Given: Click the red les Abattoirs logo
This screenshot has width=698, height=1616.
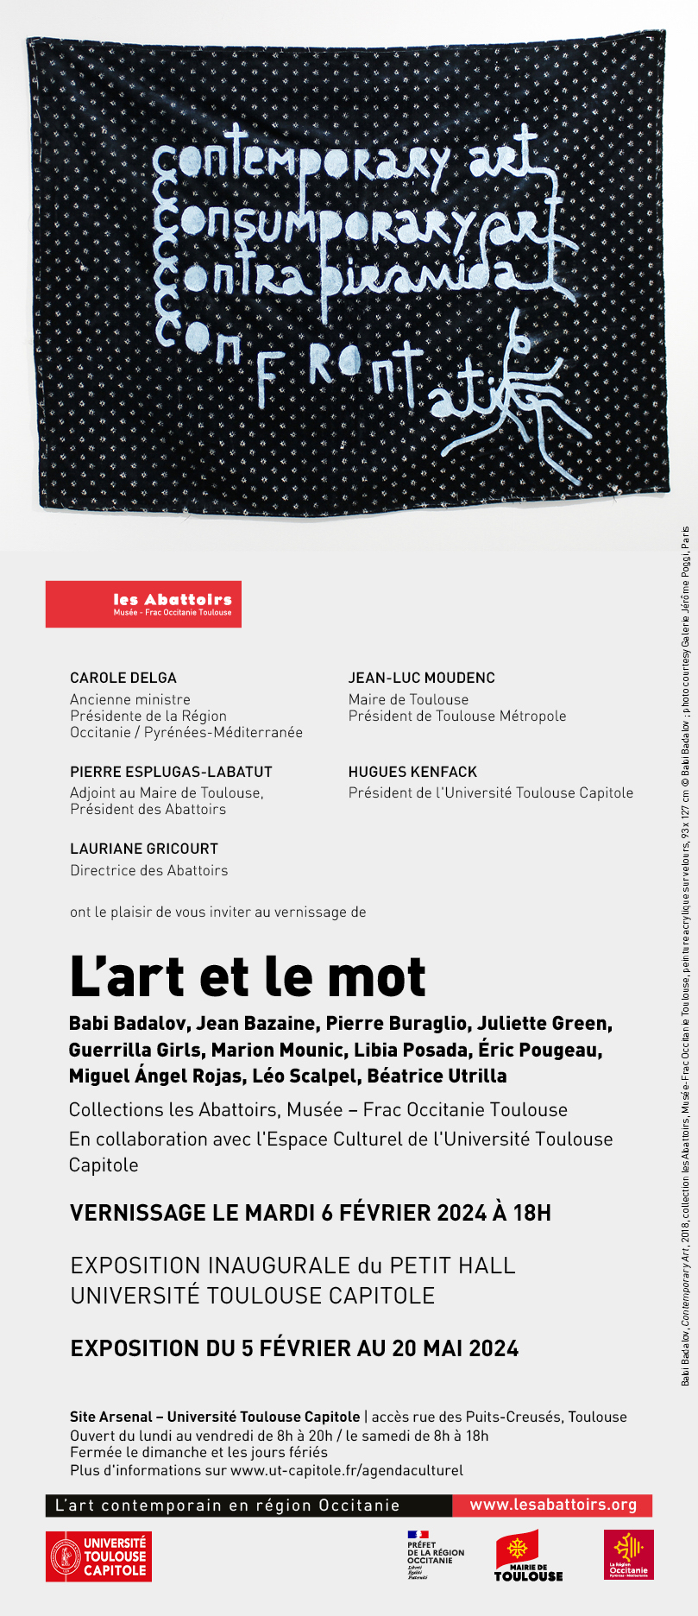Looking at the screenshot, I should coord(143,603).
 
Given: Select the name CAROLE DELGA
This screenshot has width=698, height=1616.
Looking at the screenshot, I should coord(123,678).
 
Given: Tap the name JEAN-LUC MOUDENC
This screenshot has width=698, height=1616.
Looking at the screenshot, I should coord(421,678).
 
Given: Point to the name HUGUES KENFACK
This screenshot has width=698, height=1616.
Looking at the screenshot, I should coord(412,772).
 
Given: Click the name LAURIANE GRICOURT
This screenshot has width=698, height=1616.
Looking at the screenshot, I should coord(144,849).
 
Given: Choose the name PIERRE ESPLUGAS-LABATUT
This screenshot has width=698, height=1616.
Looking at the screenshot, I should coord(171,772).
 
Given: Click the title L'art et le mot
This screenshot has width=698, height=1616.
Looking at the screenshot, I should coord(248,977).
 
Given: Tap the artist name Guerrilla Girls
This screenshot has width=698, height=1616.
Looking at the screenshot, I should coord(135,1050).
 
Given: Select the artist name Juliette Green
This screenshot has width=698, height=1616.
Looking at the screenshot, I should coord(544,1023).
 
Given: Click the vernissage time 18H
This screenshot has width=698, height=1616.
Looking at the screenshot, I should coord(531,1213).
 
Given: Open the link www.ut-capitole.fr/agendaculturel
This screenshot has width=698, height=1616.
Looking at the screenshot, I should coord(346,1470).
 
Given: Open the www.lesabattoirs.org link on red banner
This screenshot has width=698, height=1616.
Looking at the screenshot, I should coord(553,1505).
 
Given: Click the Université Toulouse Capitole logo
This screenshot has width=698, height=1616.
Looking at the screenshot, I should coord(98,1556).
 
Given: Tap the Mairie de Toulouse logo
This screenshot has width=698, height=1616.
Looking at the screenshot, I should coord(528,1556).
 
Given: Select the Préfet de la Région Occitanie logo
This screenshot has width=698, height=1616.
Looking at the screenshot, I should coord(435,1556).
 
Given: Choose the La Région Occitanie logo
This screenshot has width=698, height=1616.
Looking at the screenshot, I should coord(628,1555).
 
